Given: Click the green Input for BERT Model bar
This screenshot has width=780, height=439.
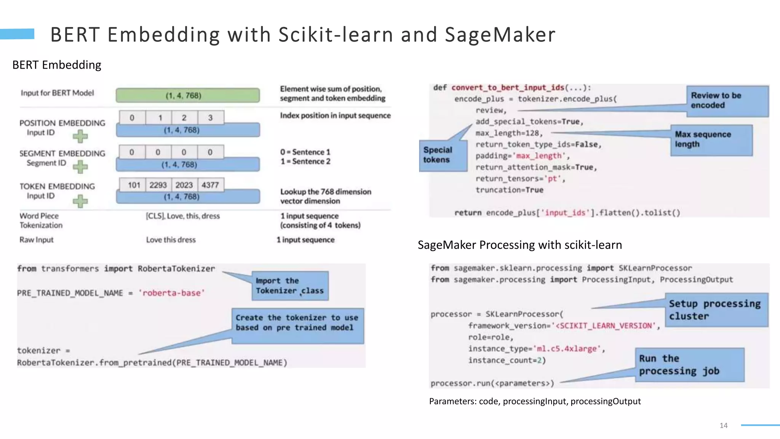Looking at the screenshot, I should click(188, 95).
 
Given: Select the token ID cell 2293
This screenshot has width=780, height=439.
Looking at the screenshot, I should click(158, 185).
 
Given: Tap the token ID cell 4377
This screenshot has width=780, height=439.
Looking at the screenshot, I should click(210, 185).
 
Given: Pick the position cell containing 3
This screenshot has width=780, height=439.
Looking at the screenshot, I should click(210, 118).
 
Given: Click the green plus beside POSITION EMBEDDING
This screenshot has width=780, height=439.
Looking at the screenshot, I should click(80, 136).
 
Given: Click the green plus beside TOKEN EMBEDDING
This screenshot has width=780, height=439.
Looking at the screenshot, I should click(80, 201).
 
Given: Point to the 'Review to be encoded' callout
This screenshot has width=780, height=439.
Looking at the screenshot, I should click(727, 101).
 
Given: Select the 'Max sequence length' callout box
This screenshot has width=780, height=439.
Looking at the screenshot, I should click(711, 140).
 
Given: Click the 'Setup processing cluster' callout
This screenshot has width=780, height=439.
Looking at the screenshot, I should click(716, 310).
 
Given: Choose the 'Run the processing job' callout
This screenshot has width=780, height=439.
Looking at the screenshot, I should click(689, 365).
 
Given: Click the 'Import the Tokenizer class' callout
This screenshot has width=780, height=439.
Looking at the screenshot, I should click(290, 286).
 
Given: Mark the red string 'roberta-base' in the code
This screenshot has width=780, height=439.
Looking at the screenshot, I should click(172, 293).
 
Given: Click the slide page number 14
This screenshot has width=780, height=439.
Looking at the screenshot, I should click(724, 425).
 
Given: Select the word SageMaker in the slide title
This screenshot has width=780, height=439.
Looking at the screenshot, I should click(500, 35).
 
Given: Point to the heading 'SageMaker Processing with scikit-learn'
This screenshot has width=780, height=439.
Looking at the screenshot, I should click(519, 245).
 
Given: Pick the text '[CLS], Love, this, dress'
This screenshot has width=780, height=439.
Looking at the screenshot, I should click(183, 216).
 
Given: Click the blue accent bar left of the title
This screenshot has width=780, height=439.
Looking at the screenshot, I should click(17, 34).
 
